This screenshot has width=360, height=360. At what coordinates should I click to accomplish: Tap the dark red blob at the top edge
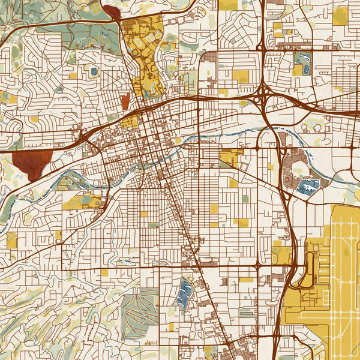pos(112,11)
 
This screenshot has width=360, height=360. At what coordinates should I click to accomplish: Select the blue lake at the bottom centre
pos(185,293)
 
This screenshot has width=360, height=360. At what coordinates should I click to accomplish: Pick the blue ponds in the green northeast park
pos(302,60)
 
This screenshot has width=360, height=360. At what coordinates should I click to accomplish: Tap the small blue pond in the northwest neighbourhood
pos(93,71)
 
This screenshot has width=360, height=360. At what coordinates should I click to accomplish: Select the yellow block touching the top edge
pos(227,5)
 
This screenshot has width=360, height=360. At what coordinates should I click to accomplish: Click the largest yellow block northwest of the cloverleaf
pos(240,76)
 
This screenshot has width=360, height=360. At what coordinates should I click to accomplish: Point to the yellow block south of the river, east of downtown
pos(230,158)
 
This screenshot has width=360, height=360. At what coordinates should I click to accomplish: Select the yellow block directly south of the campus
pos(130,122)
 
